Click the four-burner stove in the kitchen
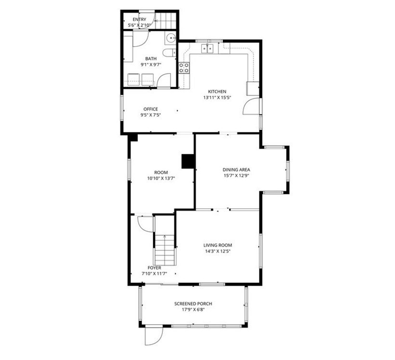click(184, 68)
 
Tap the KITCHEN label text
click(217, 92)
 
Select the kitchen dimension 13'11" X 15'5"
click(217, 97)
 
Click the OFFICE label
click(150, 109)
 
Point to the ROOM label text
click(161, 173)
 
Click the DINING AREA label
click(236, 170)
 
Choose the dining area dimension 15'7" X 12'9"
click(236, 175)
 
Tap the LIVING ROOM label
click(218, 245)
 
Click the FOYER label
click(155, 267)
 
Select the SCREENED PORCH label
click(193, 304)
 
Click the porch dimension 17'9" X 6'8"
click(193, 310)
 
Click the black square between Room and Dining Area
click(187, 161)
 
